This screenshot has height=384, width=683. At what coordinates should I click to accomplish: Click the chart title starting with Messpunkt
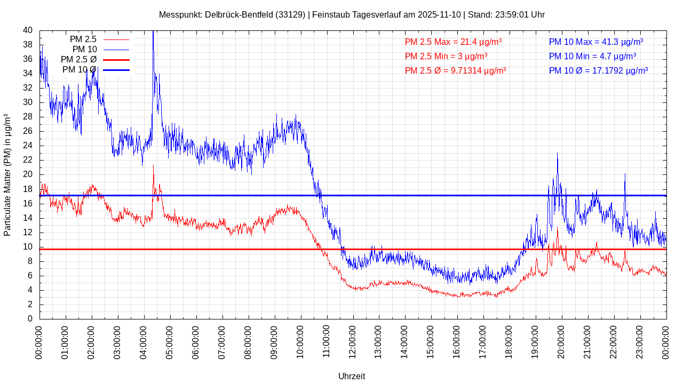pos(352,14)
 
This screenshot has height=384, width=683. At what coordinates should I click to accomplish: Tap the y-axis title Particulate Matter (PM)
pos(7,175)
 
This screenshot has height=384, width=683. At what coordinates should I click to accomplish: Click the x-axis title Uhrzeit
pos(352,376)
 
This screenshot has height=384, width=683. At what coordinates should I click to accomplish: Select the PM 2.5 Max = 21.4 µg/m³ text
pos(453,42)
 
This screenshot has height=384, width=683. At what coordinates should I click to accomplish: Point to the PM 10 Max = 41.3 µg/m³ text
pos(596,42)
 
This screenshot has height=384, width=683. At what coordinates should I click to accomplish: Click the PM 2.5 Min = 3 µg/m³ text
pos(446,56)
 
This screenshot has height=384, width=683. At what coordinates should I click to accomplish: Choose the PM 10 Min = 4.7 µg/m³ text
pos(592,56)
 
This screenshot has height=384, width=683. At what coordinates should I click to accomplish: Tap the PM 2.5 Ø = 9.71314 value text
pos(455,70)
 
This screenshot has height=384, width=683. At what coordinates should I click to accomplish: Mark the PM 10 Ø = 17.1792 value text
pos(598,70)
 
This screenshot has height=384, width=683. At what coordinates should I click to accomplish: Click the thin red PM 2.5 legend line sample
pos(116,39)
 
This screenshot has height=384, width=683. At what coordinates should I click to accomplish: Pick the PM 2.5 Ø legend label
pos(78,60)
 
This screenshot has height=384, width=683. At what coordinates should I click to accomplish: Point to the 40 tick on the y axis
pos(28,30)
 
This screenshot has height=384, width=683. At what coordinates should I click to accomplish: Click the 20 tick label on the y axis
pos(28,174)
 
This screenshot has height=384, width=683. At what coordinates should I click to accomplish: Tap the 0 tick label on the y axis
pos(30,319)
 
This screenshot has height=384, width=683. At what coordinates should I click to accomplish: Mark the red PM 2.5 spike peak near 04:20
pos(154,165)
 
